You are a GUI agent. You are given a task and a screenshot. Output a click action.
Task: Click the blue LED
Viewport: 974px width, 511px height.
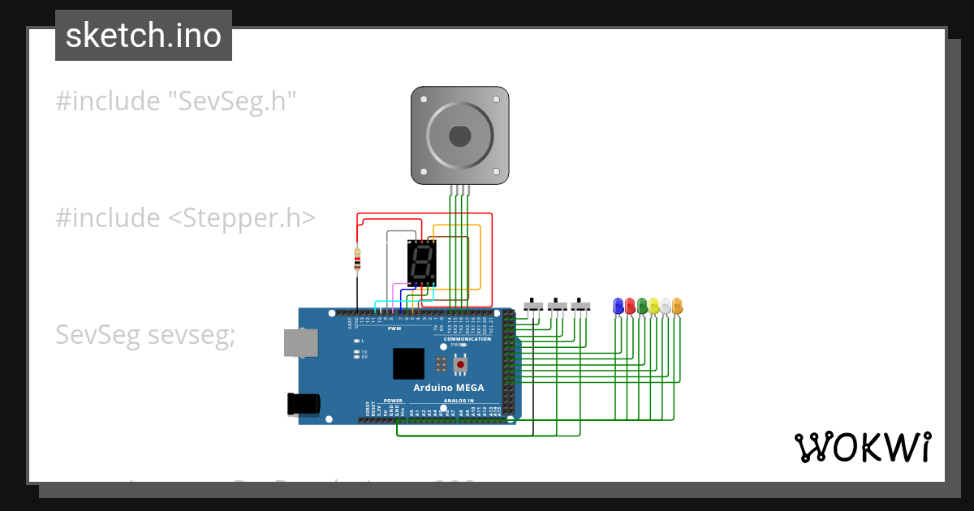pos(618,306)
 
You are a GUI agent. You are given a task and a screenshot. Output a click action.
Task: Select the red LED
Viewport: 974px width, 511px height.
pos(630,306)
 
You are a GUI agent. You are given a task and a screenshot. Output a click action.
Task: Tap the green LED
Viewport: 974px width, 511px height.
pos(642,306)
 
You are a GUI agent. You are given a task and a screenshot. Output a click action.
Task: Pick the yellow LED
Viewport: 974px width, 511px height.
pos(654,306)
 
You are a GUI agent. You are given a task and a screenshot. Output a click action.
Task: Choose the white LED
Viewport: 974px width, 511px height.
pos(666,306)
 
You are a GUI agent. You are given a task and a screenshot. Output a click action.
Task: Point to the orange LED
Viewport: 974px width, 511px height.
pos(678,306)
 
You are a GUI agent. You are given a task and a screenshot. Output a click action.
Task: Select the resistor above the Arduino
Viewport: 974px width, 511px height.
pos(357,260)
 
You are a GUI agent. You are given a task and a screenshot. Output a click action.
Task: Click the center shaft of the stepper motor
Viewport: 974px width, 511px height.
pos(459,135)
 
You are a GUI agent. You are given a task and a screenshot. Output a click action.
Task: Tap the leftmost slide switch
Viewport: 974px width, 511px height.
pos(533,306)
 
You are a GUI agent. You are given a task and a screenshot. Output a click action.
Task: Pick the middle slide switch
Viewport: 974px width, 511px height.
pos(557,306)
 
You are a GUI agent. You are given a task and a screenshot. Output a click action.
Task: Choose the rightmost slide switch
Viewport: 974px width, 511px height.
pos(580,306)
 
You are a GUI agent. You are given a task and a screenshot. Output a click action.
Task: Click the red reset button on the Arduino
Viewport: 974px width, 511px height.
pos(460,365)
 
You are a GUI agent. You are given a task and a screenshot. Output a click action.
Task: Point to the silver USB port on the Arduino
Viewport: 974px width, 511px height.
pos(300,342)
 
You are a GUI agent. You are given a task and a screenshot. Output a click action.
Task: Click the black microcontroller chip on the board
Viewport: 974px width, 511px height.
pos(408,363)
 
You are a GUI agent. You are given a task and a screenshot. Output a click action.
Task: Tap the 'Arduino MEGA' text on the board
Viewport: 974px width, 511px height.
pos(448,388)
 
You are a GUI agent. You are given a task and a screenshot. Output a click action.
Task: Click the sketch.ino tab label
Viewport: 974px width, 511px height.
pos(144,36)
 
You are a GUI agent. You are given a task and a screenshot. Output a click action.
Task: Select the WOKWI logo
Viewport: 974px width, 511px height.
pos(862,447)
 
